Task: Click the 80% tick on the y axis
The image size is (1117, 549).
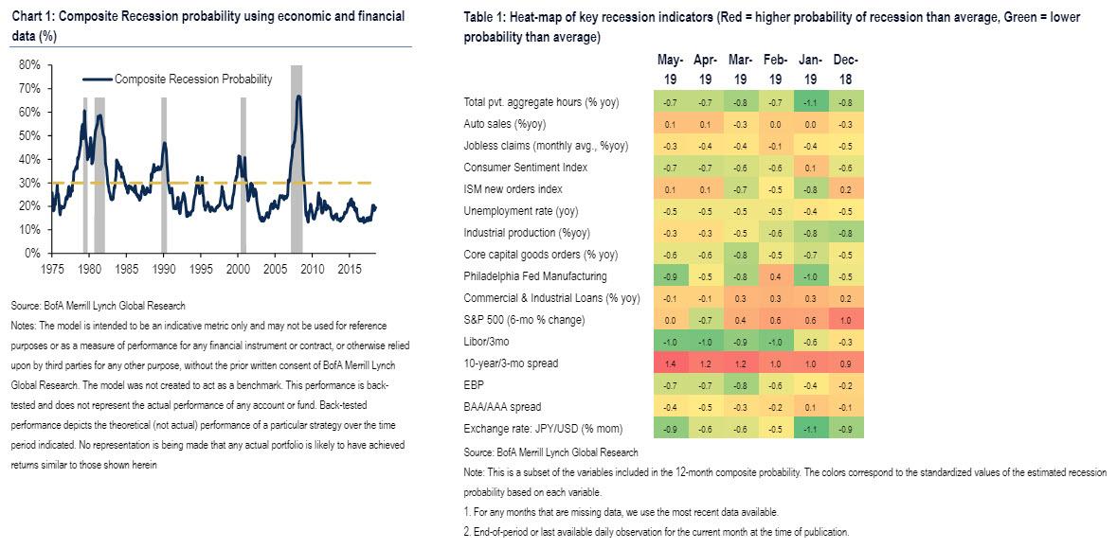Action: (x=28, y=64)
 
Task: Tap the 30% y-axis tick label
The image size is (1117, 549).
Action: (x=28, y=183)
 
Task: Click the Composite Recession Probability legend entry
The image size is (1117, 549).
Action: (x=192, y=80)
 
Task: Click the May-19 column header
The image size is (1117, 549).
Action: (x=670, y=69)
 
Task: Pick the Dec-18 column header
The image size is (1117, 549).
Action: (x=845, y=69)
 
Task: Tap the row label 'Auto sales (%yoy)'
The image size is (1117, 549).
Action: (x=506, y=124)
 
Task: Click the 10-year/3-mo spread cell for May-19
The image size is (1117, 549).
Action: (x=670, y=363)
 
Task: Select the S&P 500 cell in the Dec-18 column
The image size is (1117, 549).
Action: (x=845, y=320)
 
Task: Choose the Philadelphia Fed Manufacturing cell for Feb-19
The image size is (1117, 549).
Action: (x=775, y=276)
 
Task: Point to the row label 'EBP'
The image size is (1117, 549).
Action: (x=473, y=385)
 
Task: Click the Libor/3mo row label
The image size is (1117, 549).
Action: (x=486, y=342)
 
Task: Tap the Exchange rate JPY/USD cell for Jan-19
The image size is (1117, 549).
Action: (x=810, y=429)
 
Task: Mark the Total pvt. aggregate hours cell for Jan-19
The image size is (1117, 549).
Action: (x=810, y=102)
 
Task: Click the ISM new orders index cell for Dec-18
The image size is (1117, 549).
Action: (x=845, y=189)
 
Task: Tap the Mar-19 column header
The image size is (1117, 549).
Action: (x=740, y=69)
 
